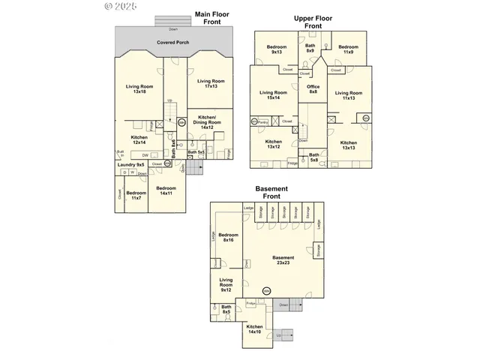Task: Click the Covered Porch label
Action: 172,43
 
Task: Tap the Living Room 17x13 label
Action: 211,83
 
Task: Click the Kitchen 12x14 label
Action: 139,139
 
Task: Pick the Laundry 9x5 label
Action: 129,165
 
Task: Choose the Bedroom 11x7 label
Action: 136,195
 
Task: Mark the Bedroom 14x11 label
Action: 166,190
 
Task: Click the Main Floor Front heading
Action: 212,17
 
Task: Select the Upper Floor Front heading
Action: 313,20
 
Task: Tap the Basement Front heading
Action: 266,193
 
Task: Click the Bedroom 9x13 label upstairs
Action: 276,49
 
